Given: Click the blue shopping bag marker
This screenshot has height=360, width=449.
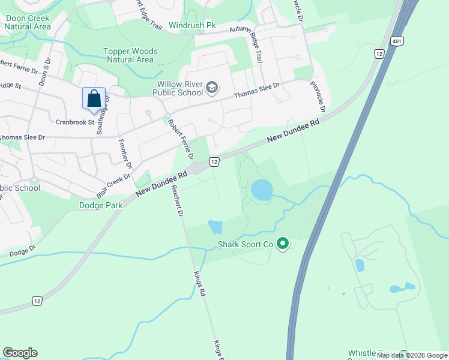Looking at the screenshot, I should (94, 98).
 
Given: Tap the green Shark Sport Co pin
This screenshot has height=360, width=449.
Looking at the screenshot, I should (283, 244).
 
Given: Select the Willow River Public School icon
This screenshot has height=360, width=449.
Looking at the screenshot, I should (211, 88).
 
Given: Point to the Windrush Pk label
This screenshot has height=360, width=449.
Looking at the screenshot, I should (191, 26).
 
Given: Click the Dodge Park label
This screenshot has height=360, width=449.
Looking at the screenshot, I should (101, 205).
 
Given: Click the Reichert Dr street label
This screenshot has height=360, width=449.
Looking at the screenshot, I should (178, 205).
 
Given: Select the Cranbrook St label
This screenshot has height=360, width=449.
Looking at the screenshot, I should (76, 122).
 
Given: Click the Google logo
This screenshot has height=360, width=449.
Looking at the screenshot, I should (20, 353).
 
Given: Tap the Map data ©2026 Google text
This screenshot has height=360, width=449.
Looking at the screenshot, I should (412, 355).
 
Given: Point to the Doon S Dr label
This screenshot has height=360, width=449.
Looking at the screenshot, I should (43, 71).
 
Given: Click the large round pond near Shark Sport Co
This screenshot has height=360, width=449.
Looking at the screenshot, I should (261, 190).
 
